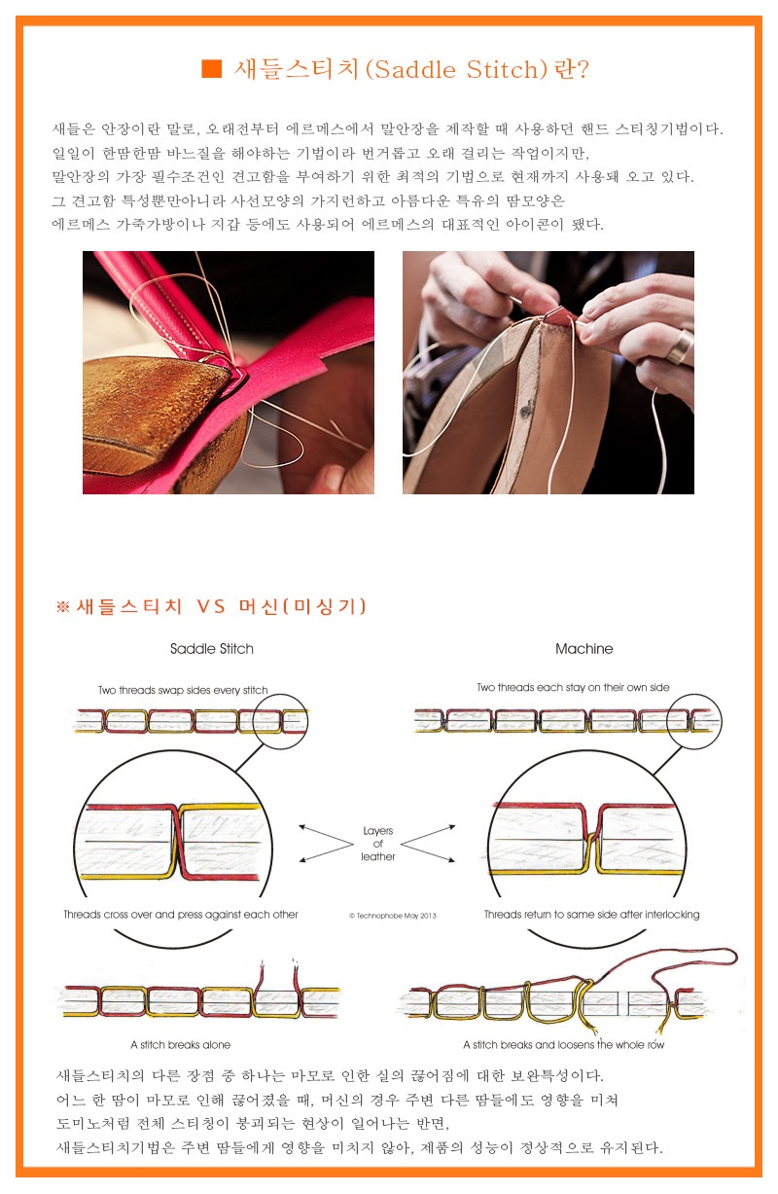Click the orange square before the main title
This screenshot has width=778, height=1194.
211,68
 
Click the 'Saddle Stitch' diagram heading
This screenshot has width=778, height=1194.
211,648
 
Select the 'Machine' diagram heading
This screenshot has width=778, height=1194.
583,648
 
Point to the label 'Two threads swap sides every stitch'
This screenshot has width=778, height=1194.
183,690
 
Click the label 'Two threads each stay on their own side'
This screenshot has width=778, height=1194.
573,687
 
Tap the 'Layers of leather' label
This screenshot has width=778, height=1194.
377,844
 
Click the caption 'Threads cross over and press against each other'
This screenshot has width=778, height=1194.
181,915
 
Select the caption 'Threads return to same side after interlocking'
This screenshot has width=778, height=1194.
591,915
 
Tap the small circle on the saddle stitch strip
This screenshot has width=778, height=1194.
280,720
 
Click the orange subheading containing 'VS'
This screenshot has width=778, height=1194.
211,606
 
